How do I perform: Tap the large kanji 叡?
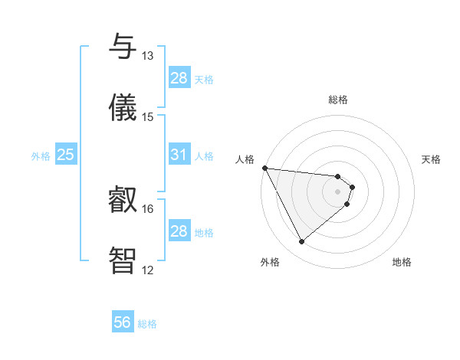tap(123, 201)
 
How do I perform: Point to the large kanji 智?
tap(123, 261)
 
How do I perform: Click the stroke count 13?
tap(148, 56)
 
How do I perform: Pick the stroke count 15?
tap(148, 117)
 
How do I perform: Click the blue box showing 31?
tap(179, 155)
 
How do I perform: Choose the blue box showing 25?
tap(66, 155)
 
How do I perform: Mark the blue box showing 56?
tap(123, 323)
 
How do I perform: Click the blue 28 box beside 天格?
tap(179, 78)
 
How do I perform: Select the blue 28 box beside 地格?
tap(179, 231)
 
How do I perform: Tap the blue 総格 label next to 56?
tap(147, 324)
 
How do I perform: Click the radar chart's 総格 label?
tap(338, 100)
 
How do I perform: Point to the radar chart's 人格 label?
tap(245, 159)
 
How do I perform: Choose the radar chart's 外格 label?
tap(270, 262)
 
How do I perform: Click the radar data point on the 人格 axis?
tap(264, 168)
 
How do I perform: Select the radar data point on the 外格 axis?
tap(301, 242)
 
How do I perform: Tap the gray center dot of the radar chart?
tap(338, 191)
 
